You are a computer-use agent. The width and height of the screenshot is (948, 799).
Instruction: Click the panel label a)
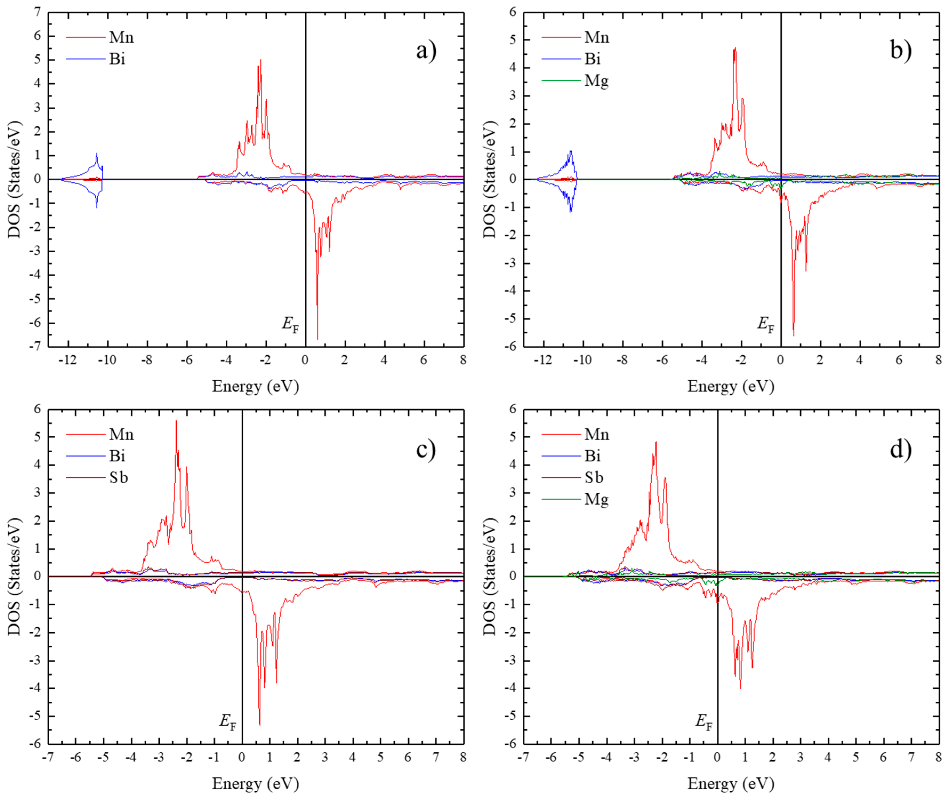coord(426,50)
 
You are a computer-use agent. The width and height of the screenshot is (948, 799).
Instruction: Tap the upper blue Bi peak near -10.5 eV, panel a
coord(96,154)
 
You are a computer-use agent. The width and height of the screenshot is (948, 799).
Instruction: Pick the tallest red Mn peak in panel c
coord(176,421)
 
